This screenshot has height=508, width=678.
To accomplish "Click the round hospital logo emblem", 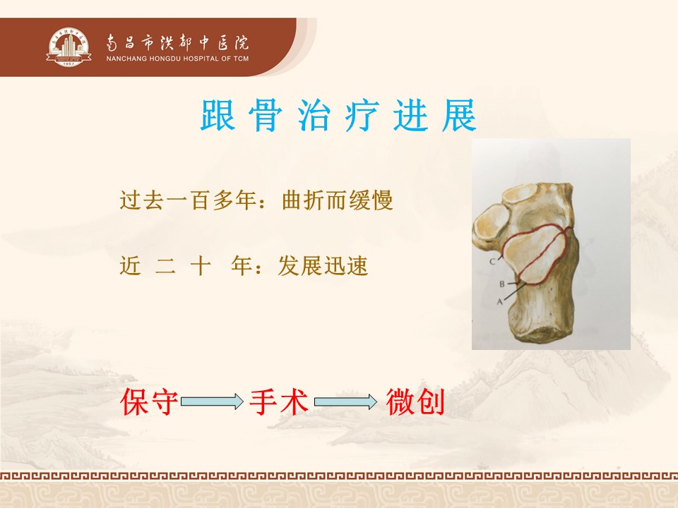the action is coord(69,47).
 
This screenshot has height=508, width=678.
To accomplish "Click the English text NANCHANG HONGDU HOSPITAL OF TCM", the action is coord(177,59).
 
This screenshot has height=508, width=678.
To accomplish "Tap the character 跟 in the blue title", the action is coord(218,115).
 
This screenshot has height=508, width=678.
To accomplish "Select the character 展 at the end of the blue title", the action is coord(459,115).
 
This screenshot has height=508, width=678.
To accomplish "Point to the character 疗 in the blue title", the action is coord(362,115).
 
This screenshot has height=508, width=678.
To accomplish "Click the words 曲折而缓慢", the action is coord(338,200).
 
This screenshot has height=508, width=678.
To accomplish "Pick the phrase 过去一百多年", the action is coord(189,200).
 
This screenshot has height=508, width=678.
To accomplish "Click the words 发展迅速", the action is coord(323,266).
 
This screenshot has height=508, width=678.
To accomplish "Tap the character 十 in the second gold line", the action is coord(201,266).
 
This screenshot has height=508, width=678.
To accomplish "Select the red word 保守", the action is coord(149,401).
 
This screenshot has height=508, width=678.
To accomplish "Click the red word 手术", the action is coord(279,401).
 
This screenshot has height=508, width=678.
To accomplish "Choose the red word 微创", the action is coord(415,401).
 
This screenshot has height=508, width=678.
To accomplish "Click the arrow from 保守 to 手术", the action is coord(213,401).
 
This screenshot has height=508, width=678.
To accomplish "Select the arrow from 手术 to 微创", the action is coord(345,401).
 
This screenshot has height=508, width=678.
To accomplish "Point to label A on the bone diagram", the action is coord(499,301).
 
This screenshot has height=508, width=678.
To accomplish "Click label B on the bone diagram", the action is coord(501,284).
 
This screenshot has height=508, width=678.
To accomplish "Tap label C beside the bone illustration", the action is coord(492,261).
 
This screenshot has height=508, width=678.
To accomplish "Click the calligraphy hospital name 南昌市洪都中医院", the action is coord(177,43).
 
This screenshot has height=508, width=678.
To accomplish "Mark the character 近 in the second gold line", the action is coord(130,266).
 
